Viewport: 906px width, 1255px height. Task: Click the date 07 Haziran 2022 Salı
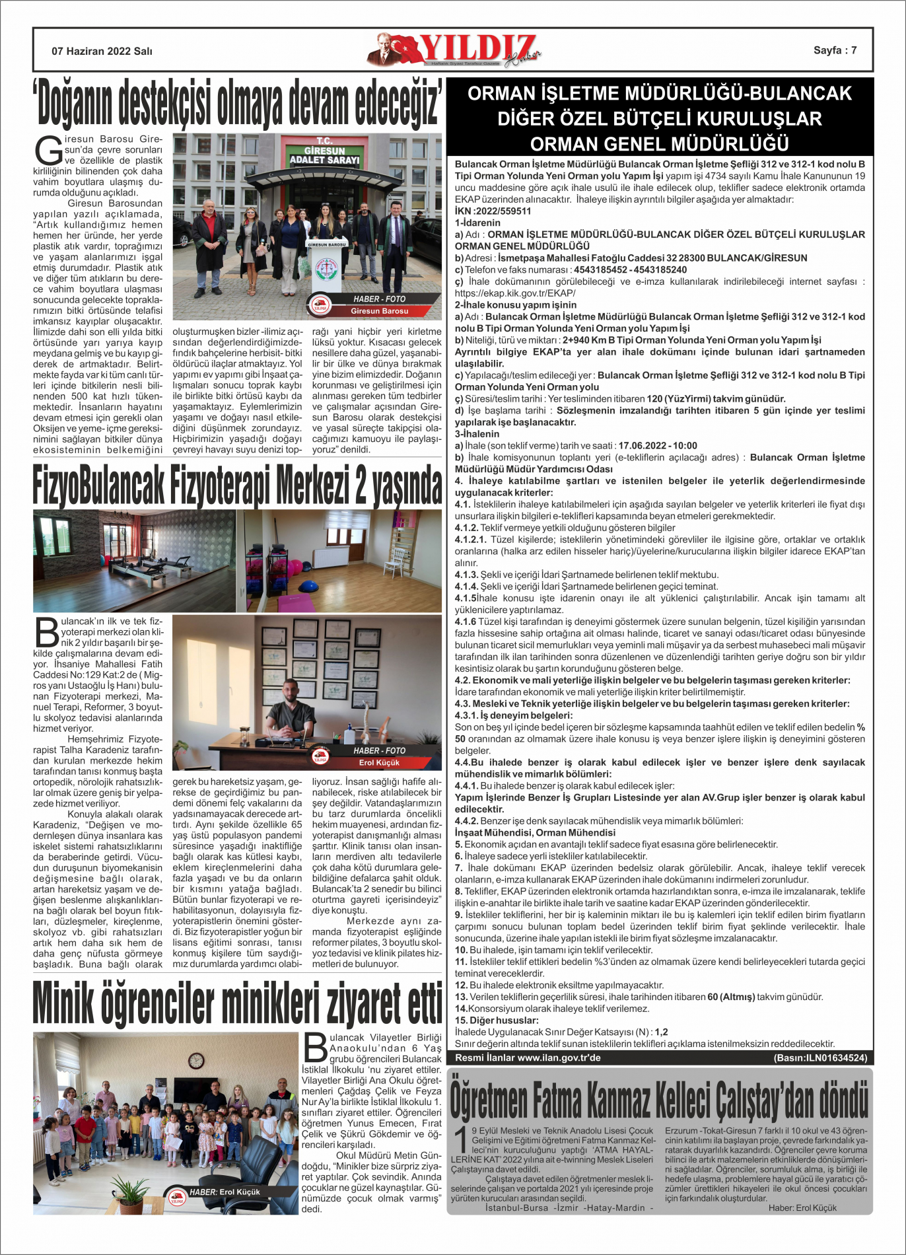click(102, 51)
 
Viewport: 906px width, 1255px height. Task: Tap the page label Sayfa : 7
click(835, 50)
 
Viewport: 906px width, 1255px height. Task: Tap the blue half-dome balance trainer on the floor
click(307, 586)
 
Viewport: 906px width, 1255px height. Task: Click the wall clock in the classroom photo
click(195, 1061)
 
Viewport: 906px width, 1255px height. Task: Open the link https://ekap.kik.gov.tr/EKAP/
click(515, 293)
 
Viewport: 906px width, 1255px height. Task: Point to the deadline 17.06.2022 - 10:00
click(658, 446)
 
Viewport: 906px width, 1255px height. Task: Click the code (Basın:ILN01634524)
click(820, 1058)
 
